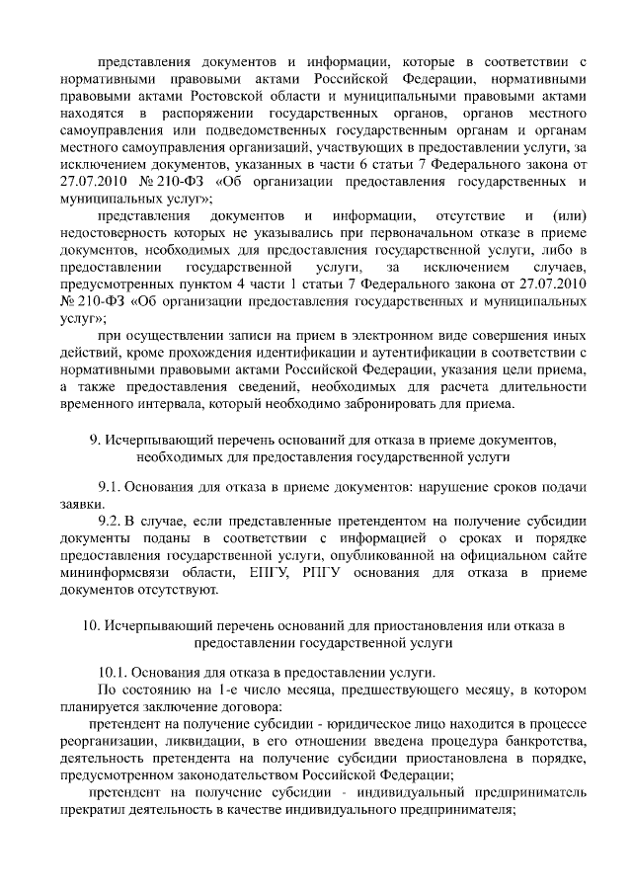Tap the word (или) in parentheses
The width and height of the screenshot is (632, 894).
572,216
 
